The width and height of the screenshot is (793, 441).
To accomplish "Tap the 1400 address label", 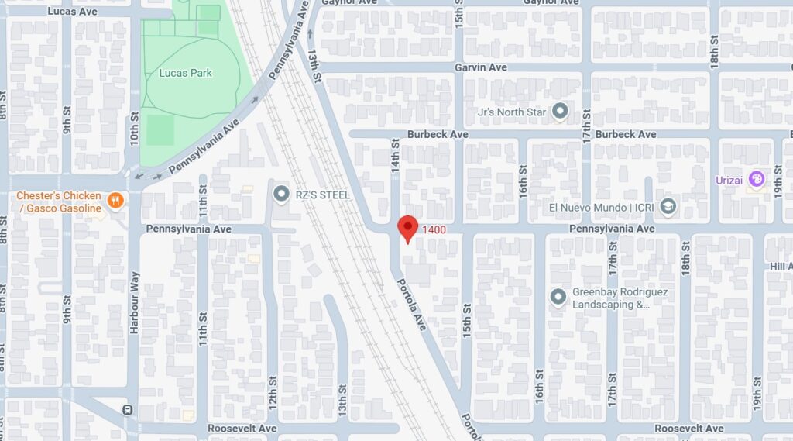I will click(433, 229).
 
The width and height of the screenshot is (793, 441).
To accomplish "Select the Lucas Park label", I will click(185, 73).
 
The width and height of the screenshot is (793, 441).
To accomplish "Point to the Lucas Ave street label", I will click(72, 12).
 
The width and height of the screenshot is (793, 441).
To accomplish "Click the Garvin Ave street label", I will click(480, 67).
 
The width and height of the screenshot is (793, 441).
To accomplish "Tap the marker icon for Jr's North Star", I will click(560, 112).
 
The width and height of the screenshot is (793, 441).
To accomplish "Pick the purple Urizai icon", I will click(757, 180).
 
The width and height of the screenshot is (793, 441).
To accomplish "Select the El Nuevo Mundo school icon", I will click(668, 207).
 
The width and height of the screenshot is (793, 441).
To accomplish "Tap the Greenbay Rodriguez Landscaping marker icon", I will click(558, 297).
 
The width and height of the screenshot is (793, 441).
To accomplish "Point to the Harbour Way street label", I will click(134, 302).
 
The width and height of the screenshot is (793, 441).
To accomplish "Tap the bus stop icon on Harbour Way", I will click(126, 409).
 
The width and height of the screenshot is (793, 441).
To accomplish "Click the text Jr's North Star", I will click(512, 112).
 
